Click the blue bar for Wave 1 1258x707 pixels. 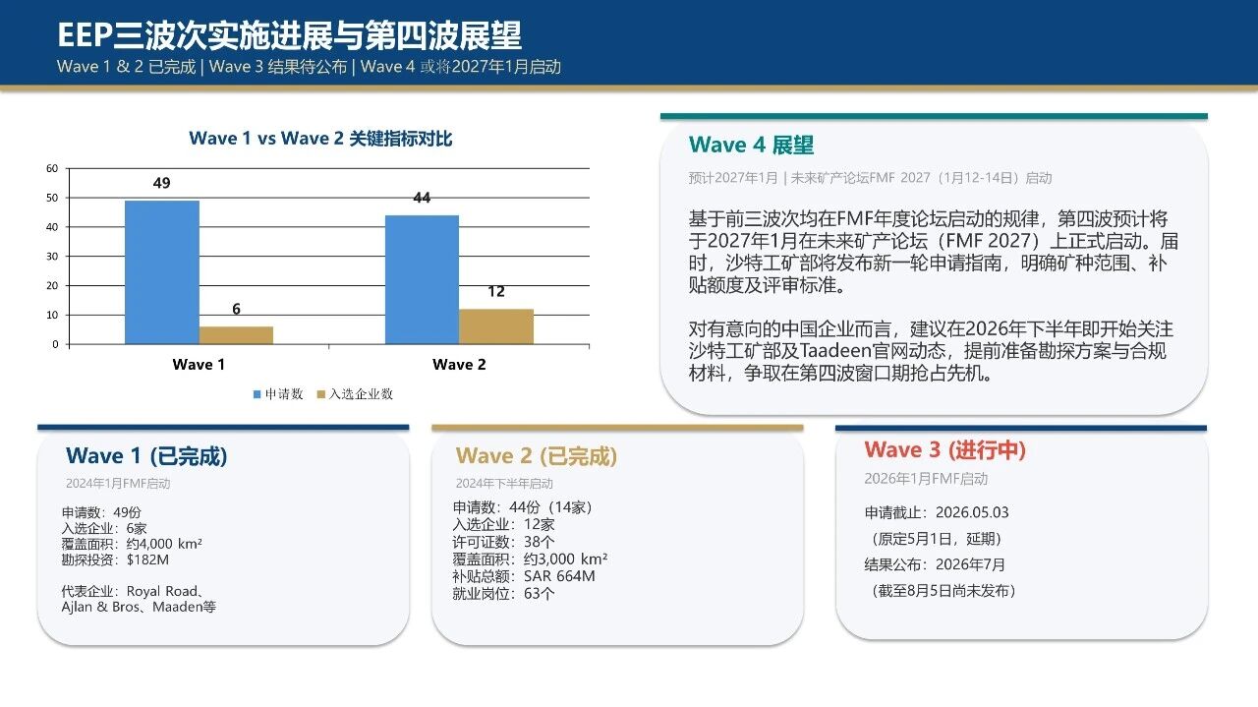(x=162, y=272)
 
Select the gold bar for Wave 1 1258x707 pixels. (x=237, y=335)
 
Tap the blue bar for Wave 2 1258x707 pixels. (x=422, y=279)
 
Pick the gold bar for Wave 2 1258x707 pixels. (x=496, y=326)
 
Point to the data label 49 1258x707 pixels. (x=162, y=183)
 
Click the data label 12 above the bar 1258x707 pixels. (x=496, y=291)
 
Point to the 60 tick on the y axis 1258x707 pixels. (x=52, y=168)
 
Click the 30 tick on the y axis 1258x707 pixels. (x=52, y=257)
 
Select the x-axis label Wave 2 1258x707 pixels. (x=459, y=364)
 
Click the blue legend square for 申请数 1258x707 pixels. (x=257, y=394)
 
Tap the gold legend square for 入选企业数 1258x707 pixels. (x=321, y=394)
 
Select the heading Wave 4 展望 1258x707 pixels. (x=751, y=145)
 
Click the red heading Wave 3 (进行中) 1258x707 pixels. (x=945, y=449)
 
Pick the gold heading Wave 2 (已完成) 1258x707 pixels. (x=537, y=456)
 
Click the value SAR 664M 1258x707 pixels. (x=559, y=576)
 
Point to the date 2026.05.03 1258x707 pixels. (x=972, y=512)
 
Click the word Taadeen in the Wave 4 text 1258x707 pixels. (x=835, y=351)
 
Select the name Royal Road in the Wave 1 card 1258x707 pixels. (x=162, y=591)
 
